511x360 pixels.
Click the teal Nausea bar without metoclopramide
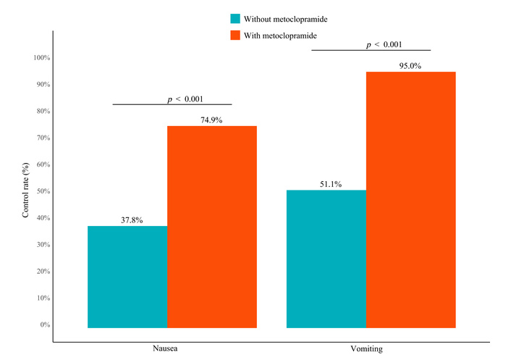coord(127,277)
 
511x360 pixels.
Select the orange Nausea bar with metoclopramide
coord(212,227)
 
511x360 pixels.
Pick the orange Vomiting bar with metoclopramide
coord(411,200)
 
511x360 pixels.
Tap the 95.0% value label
coord(411,66)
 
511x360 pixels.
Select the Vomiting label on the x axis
coord(371,348)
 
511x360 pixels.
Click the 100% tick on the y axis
coord(41,58)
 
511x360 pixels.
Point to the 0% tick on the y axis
coord(43,325)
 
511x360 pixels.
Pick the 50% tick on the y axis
coord(42,191)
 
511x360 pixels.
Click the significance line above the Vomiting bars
coord(371,51)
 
